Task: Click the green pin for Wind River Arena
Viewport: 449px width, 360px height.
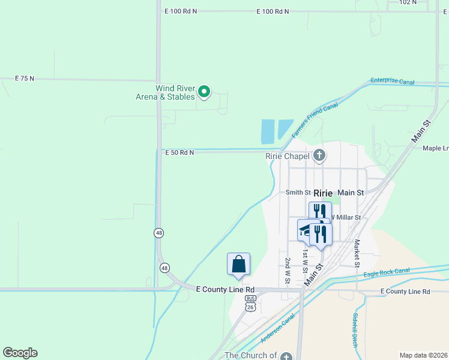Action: (x=204, y=92)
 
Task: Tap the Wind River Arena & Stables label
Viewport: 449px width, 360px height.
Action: (x=175, y=92)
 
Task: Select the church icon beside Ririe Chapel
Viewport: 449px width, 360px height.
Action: (x=319, y=156)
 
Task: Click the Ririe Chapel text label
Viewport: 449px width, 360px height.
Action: (x=287, y=157)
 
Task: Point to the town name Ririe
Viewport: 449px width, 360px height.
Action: (x=323, y=193)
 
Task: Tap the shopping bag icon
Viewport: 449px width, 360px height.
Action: (x=238, y=264)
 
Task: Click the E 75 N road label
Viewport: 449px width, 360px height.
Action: (x=25, y=79)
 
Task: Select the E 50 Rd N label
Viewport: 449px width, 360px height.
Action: (x=179, y=153)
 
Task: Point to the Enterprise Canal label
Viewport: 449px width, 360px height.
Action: (x=393, y=80)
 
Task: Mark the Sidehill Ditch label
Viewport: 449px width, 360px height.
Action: (x=355, y=331)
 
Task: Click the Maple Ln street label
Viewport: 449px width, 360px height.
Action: (x=436, y=148)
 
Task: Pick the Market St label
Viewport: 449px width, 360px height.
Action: (x=357, y=253)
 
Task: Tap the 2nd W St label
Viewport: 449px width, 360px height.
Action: (x=288, y=271)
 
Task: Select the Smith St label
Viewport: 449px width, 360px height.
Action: (x=298, y=193)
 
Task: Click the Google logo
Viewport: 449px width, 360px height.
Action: (x=20, y=353)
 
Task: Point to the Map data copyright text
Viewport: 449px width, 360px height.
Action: (x=423, y=355)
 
